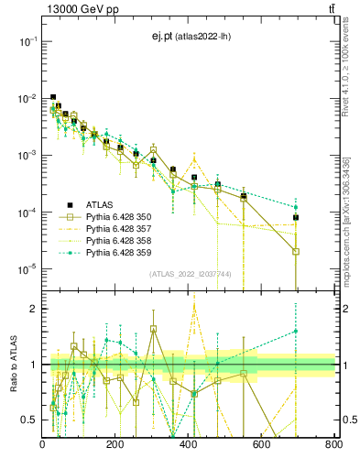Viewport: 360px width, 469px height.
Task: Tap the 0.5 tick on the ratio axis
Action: point(31,420)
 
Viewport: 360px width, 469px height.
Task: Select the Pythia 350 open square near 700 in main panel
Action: point(296,251)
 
